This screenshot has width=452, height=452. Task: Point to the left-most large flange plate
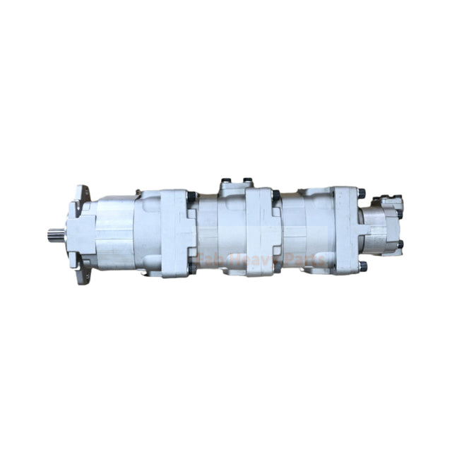pos(177,232)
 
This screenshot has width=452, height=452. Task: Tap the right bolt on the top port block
pos(248,182)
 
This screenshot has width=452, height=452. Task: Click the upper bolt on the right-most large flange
pos(362,193)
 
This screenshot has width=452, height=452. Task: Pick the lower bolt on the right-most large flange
pos(362,266)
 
